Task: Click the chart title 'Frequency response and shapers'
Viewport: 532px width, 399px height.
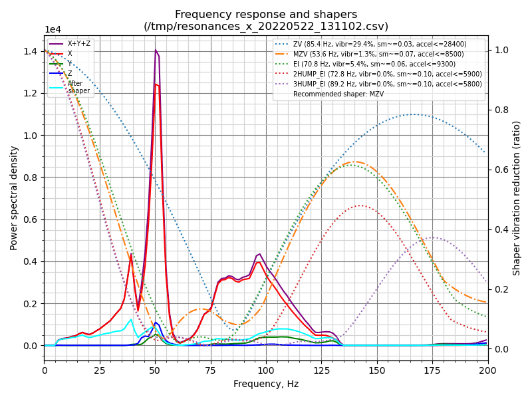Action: pyautogui.click(x=266, y=15)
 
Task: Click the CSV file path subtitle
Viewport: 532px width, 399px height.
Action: pyautogui.click(x=266, y=27)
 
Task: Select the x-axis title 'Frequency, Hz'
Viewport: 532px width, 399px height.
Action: pyautogui.click(x=266, y=384)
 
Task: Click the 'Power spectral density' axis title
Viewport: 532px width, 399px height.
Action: pyautogui.click(x=14, y=198)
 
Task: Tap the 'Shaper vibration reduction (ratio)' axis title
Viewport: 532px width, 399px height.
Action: pyautogui.click(x=517, y=198)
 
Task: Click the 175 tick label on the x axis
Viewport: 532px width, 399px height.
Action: pyautogui.click(x=432, y=370)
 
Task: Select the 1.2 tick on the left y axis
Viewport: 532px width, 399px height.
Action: pyautogui.click(x=31, y=93)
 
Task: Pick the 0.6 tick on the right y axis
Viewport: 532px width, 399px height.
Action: pyautogui.click(x=500, y=170)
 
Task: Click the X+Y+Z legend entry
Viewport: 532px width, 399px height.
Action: pyautogui.click(x=80, y=44)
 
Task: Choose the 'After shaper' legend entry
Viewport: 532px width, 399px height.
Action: pyautogui.click(x=78, y=87)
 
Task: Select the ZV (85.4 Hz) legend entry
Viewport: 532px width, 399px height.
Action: pyautogui.click(x=379, y=44)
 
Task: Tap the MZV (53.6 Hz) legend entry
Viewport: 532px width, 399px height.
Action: pyautogui.click(x=378, y=54)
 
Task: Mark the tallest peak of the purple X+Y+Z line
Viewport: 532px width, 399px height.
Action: pyautogui.click(x=156, y=50)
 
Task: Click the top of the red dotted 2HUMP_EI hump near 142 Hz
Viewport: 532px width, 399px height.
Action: pyautogui.click(x=360, y=205)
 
